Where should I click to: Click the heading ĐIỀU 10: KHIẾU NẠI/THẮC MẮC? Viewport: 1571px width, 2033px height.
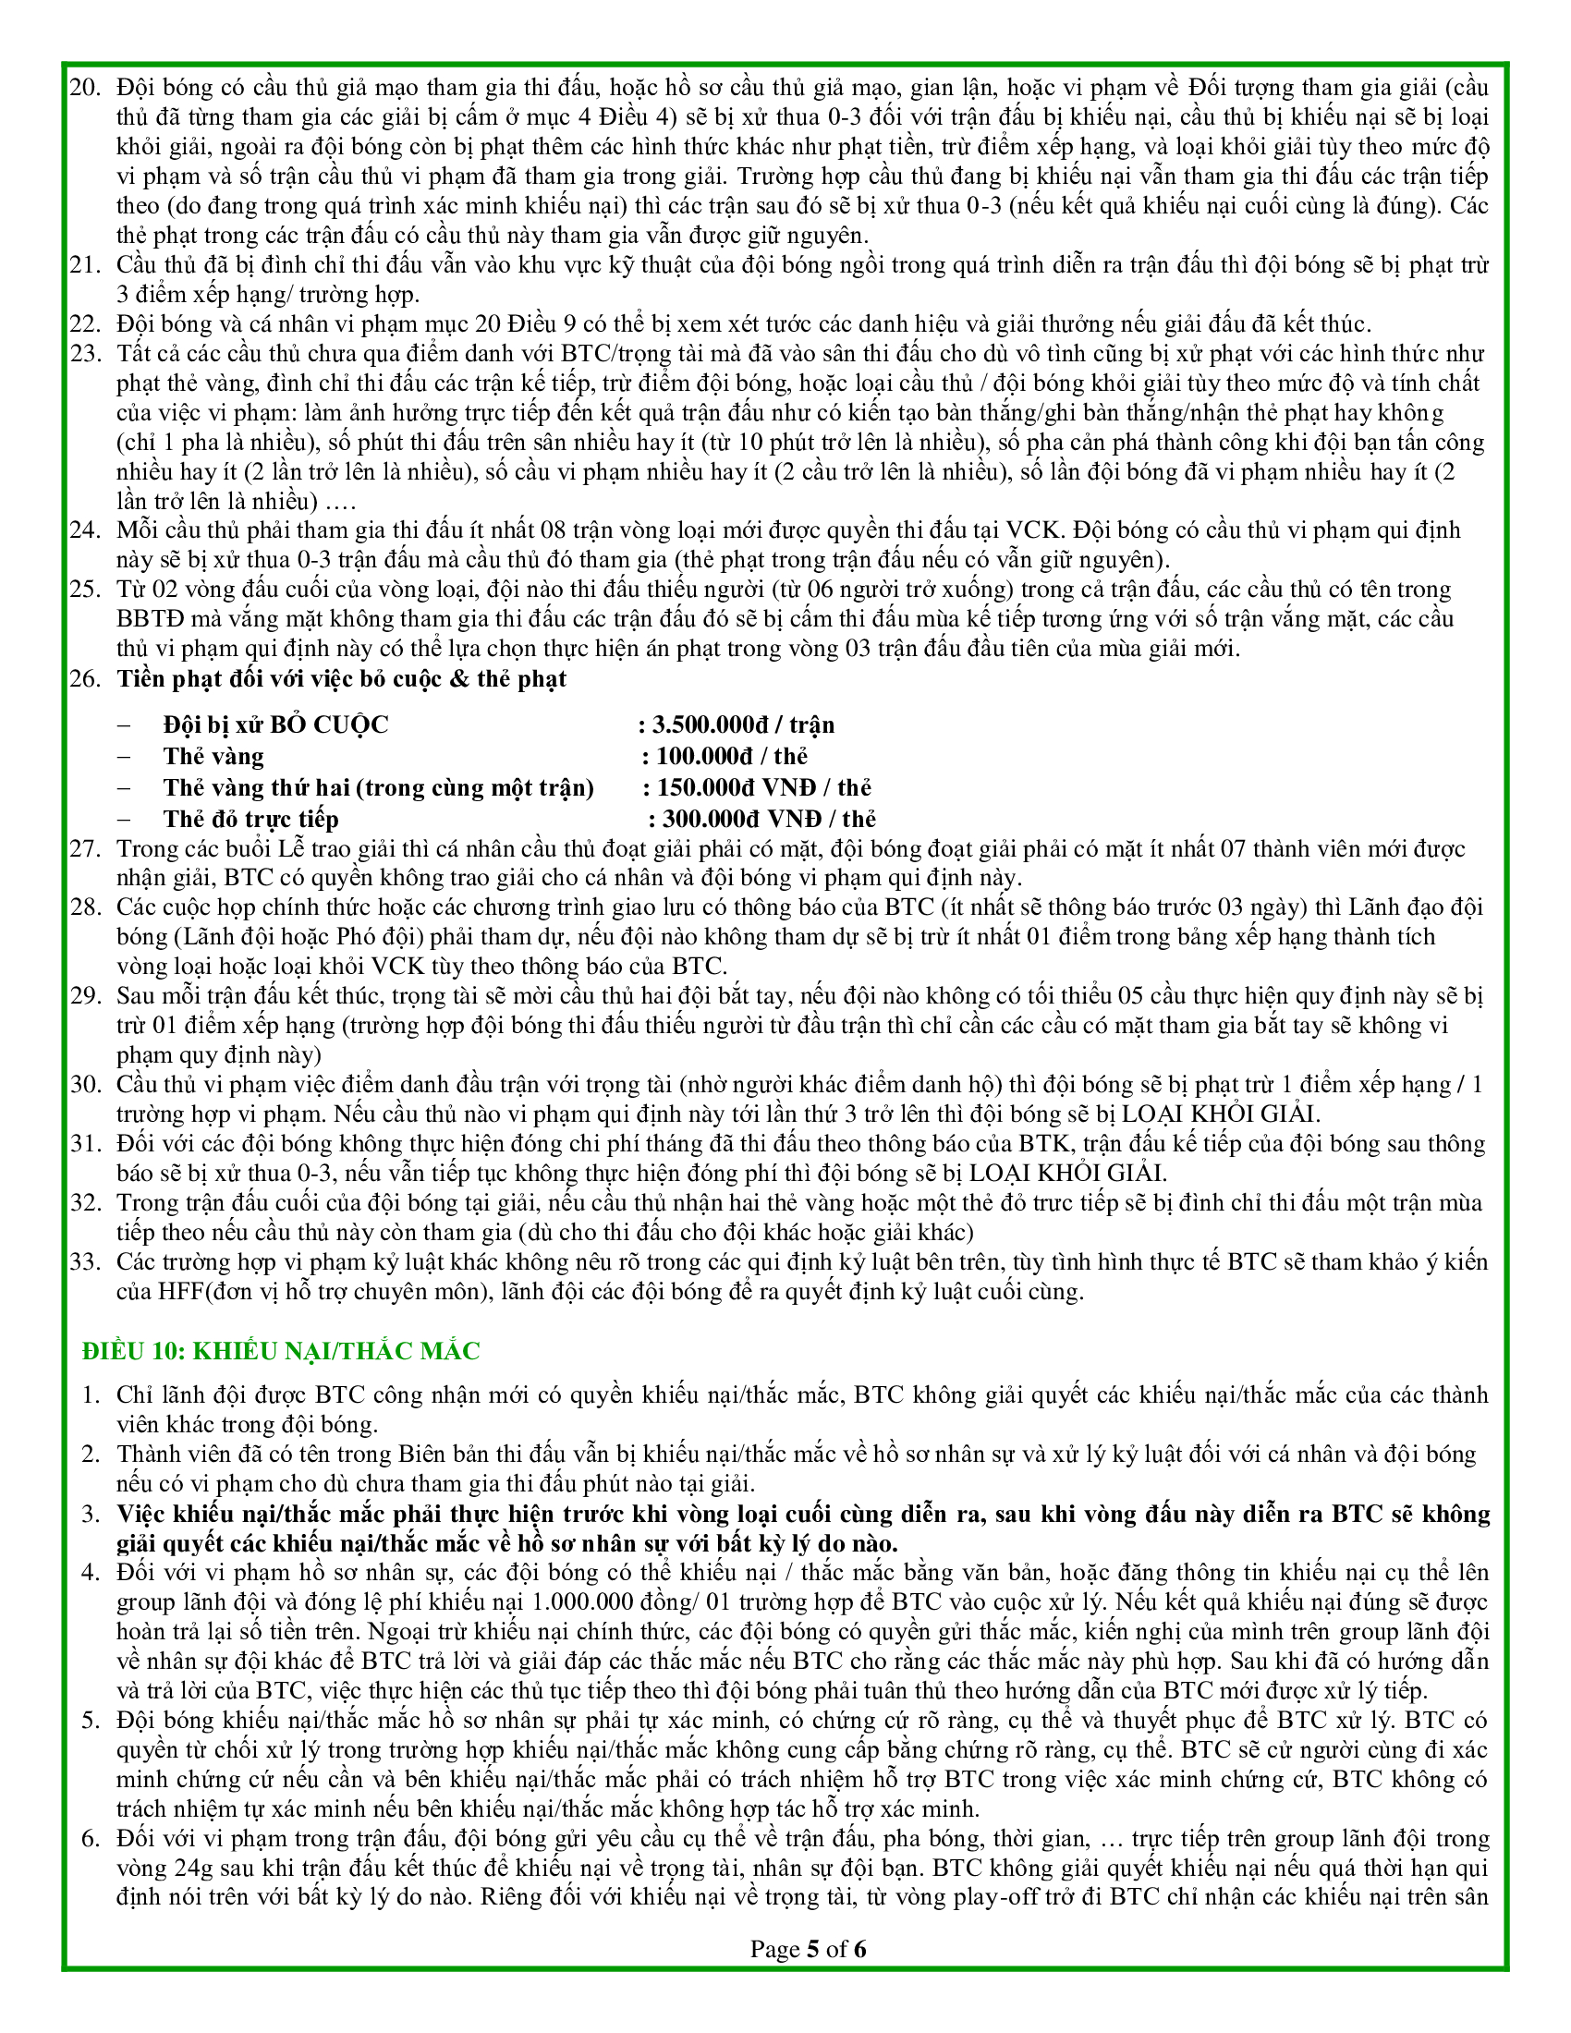click(x=281, y=1351)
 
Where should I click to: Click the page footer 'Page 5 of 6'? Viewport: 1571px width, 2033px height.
click(x=808, y=1948)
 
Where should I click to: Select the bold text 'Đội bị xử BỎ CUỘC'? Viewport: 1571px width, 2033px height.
click(x=276, y=725)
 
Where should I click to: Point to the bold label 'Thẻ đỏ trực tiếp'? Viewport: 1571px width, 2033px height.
click(x=251, y=819)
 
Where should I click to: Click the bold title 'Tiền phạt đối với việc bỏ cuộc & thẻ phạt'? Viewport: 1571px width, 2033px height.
click(x=342, y=678)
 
